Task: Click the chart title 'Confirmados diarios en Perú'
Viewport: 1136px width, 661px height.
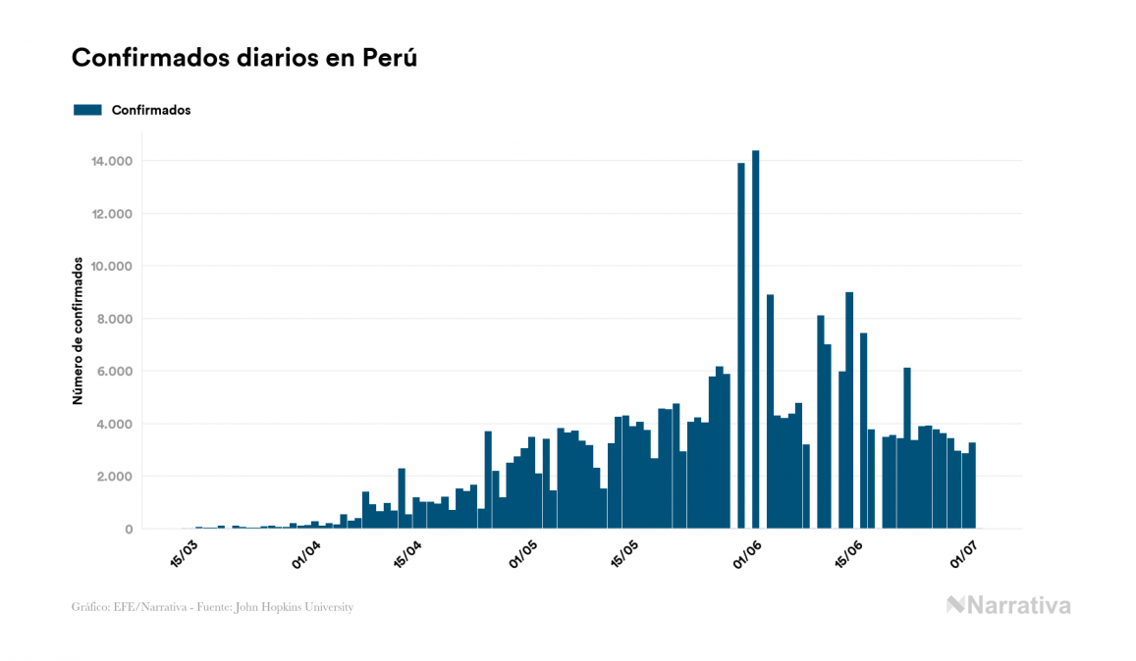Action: click(244, 58)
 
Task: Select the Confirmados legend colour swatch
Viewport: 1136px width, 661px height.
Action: click(87, 110)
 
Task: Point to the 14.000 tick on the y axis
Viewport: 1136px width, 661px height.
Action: click(112, 161)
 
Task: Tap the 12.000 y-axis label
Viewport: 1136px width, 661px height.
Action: click(112, 214)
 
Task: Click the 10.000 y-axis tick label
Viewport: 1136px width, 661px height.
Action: click(112, 266)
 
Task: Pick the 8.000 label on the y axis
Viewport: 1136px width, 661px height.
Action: click(116, 319)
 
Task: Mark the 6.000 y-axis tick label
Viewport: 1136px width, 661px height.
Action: click(116, 372)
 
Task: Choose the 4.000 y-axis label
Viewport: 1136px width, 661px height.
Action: click(116, 424)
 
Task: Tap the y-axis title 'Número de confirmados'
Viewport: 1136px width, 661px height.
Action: click(77, 331)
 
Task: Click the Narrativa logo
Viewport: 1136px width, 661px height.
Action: click(1008, 605)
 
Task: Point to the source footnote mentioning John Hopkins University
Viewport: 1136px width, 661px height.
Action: click(212, 607)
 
